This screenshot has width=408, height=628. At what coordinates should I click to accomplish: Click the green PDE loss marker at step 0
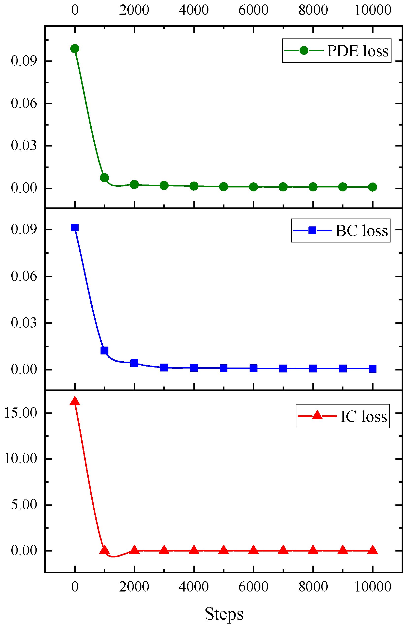[x=75, y=49]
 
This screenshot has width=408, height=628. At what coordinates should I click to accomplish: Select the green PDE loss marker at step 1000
[x=104, y=178]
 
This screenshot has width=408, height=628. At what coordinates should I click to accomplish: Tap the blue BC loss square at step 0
[x=75, y=227]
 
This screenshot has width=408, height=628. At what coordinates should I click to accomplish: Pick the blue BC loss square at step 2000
[x=135, y=363]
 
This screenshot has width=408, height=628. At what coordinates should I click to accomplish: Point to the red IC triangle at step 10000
[x=373, y=550]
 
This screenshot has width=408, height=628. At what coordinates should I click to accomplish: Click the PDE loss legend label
[x=358, y=51]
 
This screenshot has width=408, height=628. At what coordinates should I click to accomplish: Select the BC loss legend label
[x=362, y=231]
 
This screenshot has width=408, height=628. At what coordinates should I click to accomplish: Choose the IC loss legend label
[x=364, y=416]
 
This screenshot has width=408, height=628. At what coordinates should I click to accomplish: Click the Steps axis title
[x=224, y=613]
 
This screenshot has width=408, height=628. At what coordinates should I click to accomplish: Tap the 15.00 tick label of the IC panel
[x=20, y=413]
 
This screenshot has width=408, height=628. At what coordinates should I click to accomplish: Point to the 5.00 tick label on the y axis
[x=24, y=504]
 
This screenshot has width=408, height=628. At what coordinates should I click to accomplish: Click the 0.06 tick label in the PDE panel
[x=24, y=103]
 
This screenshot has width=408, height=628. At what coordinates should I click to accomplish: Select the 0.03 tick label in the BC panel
[x=24, y=323]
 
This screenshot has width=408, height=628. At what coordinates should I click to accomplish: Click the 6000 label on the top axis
[x=253, y=10]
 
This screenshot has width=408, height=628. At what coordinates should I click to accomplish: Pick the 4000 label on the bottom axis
[x=194, y=586]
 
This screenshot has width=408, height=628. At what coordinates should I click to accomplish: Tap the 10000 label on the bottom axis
[x=373, y=586]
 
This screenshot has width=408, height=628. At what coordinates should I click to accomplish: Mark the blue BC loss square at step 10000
[x=373, y=369]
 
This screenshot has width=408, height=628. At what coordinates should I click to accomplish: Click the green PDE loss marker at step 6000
[x=254, y=187]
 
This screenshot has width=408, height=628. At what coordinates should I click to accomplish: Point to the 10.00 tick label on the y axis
[x=20, y=459]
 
